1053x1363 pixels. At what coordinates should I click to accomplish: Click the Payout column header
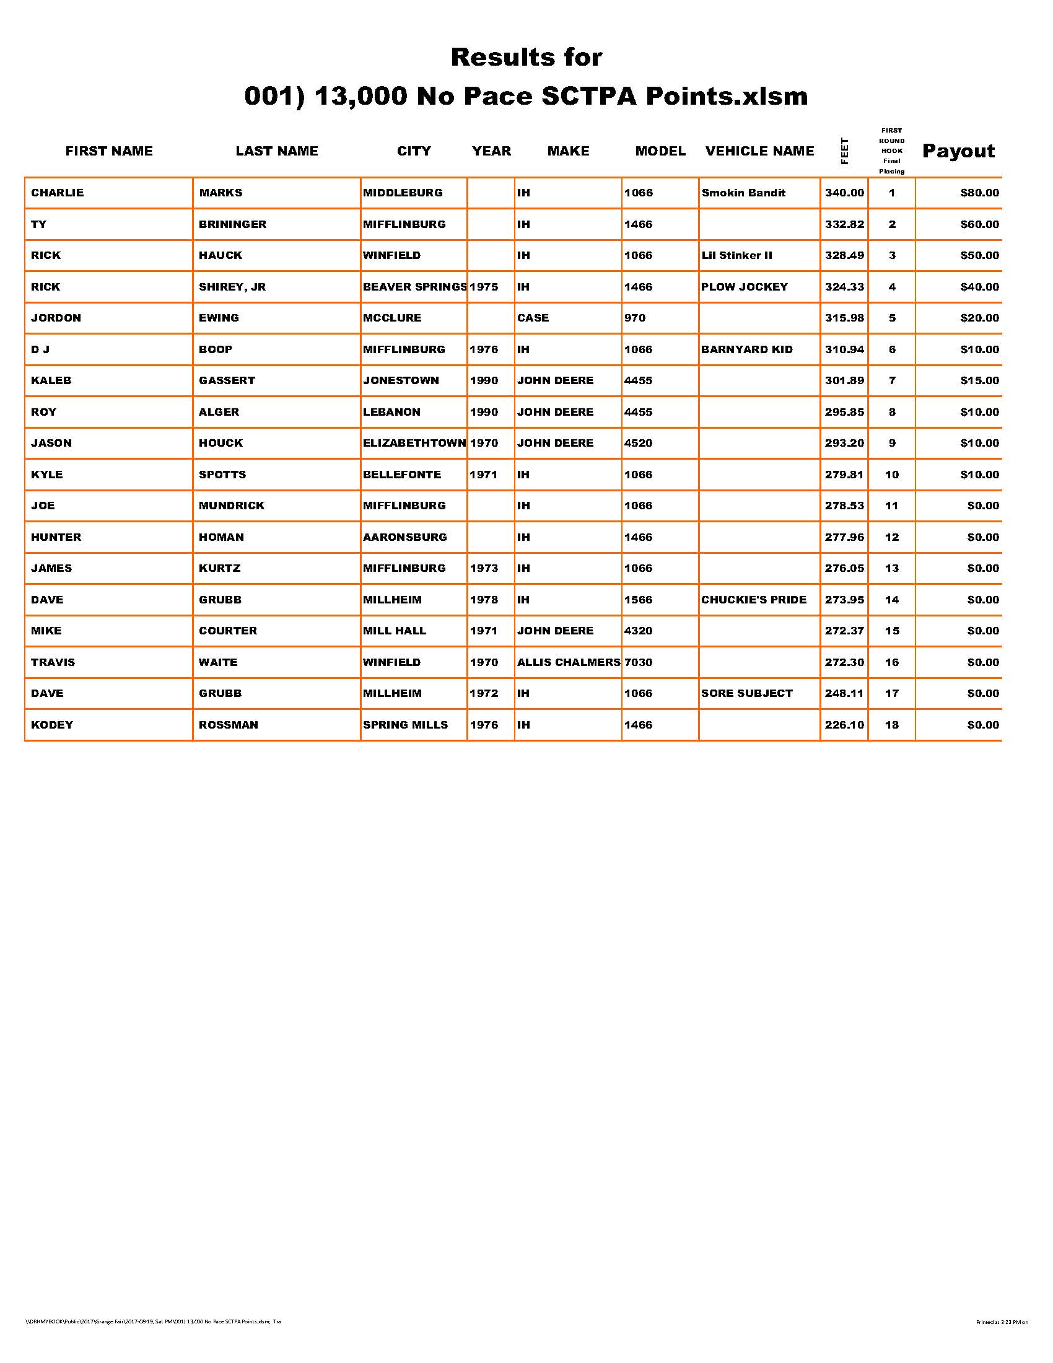[958, 151]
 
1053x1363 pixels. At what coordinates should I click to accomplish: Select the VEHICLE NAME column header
[759, 151]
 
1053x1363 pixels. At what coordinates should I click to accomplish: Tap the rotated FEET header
[845, 151]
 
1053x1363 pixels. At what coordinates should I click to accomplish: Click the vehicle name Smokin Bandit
[743, 193]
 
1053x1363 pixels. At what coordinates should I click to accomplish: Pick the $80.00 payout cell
[979, 193]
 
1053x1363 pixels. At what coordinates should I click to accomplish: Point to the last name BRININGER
[232, 224]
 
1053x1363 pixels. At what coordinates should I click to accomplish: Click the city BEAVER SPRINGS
[414, 287]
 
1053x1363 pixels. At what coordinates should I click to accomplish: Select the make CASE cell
[533, 318]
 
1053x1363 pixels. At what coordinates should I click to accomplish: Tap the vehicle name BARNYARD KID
[747, 349]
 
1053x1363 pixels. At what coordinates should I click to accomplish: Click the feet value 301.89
[844, 380]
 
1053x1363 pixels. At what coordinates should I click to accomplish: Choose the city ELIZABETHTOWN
[414, 443]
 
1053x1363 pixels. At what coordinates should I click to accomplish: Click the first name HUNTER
[56, 537]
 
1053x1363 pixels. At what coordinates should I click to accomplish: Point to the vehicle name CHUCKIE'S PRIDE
[754, 600]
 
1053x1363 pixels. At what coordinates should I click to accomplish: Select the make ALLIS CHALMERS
[568, 662]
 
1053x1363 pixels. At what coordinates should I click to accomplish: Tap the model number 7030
[638, 662]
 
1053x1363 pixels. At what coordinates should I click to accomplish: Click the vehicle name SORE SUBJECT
[747, 693]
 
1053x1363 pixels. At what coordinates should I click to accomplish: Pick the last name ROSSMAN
[228, 725]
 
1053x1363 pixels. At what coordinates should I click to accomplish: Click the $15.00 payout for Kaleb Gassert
[979, 380]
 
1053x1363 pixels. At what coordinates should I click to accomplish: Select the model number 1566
[638, 600]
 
